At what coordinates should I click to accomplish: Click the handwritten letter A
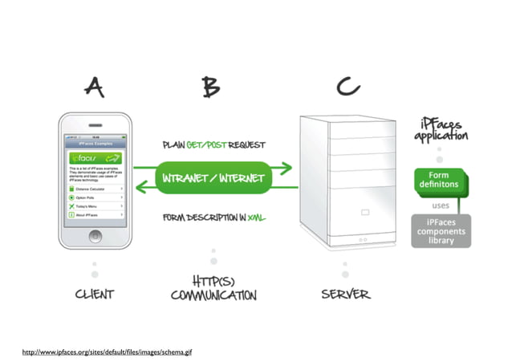[94, 87]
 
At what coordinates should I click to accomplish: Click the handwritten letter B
[212, 87]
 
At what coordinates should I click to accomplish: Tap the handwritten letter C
[346, 86]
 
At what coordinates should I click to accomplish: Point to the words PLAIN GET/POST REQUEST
[213, 145]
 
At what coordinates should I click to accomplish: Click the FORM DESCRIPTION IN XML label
[213, 218]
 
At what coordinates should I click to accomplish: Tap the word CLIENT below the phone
[94, 295]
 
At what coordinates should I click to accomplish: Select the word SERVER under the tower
[346, 295]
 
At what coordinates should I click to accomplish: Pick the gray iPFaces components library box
[441, 230]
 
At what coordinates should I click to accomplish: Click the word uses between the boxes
[441, 205]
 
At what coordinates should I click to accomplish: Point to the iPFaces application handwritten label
[441, 129]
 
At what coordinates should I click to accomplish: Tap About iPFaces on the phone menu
[95, 214]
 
